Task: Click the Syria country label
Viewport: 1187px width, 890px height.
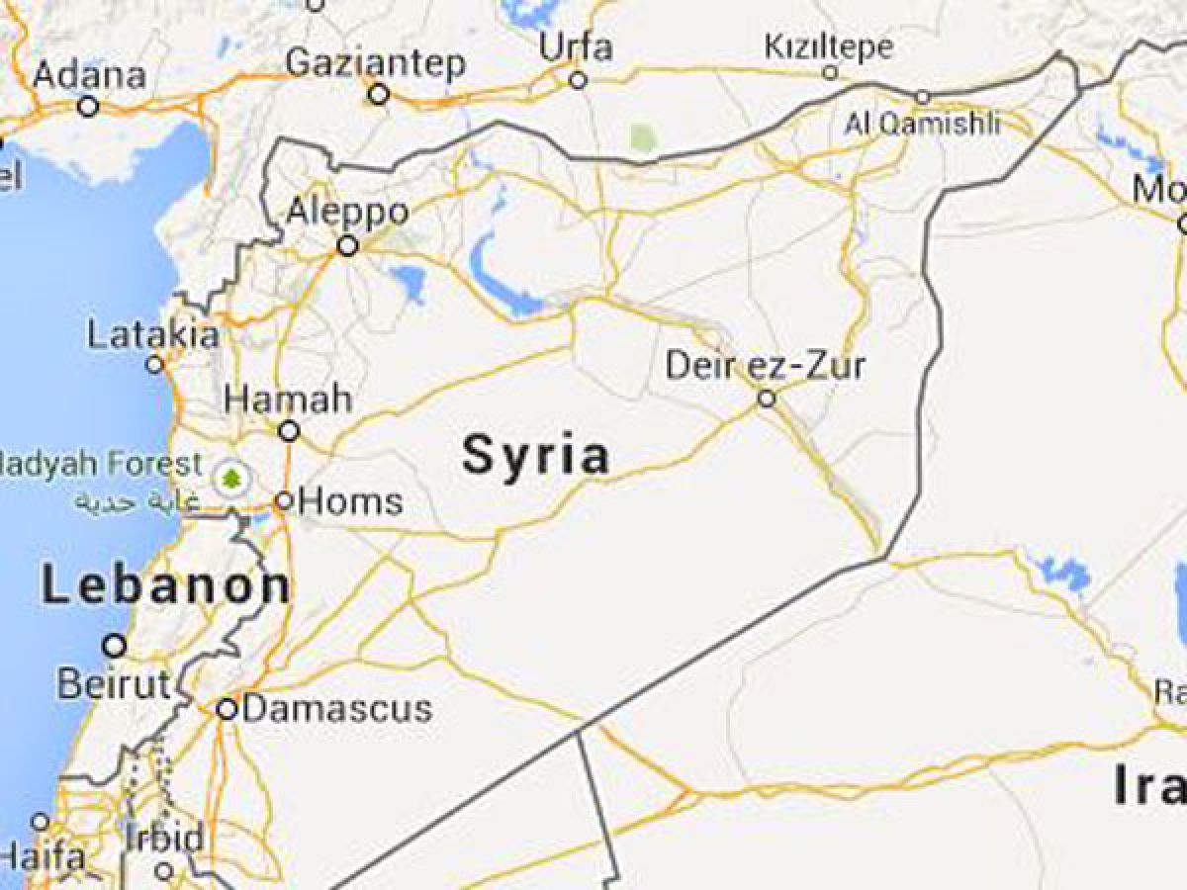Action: coord(535,457)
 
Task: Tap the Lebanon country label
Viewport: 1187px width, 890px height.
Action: coord(166,586)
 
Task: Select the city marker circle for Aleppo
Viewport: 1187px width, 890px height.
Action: coord(347,245)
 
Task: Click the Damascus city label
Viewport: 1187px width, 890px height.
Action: coord(337,708)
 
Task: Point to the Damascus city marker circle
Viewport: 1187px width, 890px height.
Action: coord(227,709)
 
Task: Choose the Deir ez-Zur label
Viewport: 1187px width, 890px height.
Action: coord(765,365)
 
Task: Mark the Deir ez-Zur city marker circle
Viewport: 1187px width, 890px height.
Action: coord(767,399)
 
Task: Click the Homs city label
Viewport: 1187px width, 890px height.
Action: coord(350,501)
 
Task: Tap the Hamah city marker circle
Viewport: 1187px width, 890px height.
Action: coord(289,431)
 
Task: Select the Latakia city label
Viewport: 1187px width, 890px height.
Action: coord(153,335)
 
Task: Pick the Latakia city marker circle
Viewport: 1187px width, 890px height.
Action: coord(154,365)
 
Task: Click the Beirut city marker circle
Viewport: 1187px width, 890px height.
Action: coord(115,646)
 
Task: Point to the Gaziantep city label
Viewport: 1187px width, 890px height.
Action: coord(375,63)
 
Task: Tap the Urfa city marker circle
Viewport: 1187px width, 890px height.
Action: coord(578,80)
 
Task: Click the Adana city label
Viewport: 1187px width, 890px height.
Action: coord(89,75)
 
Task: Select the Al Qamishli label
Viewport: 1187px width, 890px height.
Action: coord(922,124)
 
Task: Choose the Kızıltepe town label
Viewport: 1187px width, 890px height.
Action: coord(829,45)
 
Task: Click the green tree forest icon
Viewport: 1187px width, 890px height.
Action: coord(231,480)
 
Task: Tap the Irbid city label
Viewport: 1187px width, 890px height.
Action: coord(164,838)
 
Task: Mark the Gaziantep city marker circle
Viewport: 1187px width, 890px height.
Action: coord(378,95)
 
